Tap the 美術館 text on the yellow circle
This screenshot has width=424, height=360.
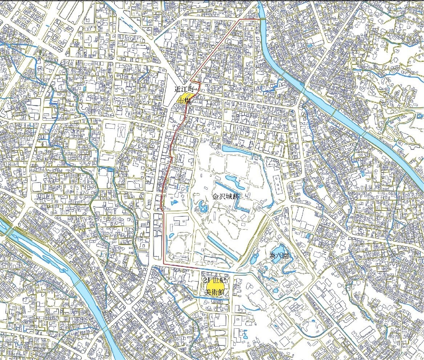(214, 292)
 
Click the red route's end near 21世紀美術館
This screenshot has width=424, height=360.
(198, 268)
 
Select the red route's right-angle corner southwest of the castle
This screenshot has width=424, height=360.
(164, 263)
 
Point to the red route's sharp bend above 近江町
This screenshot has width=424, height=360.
(191, 80)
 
